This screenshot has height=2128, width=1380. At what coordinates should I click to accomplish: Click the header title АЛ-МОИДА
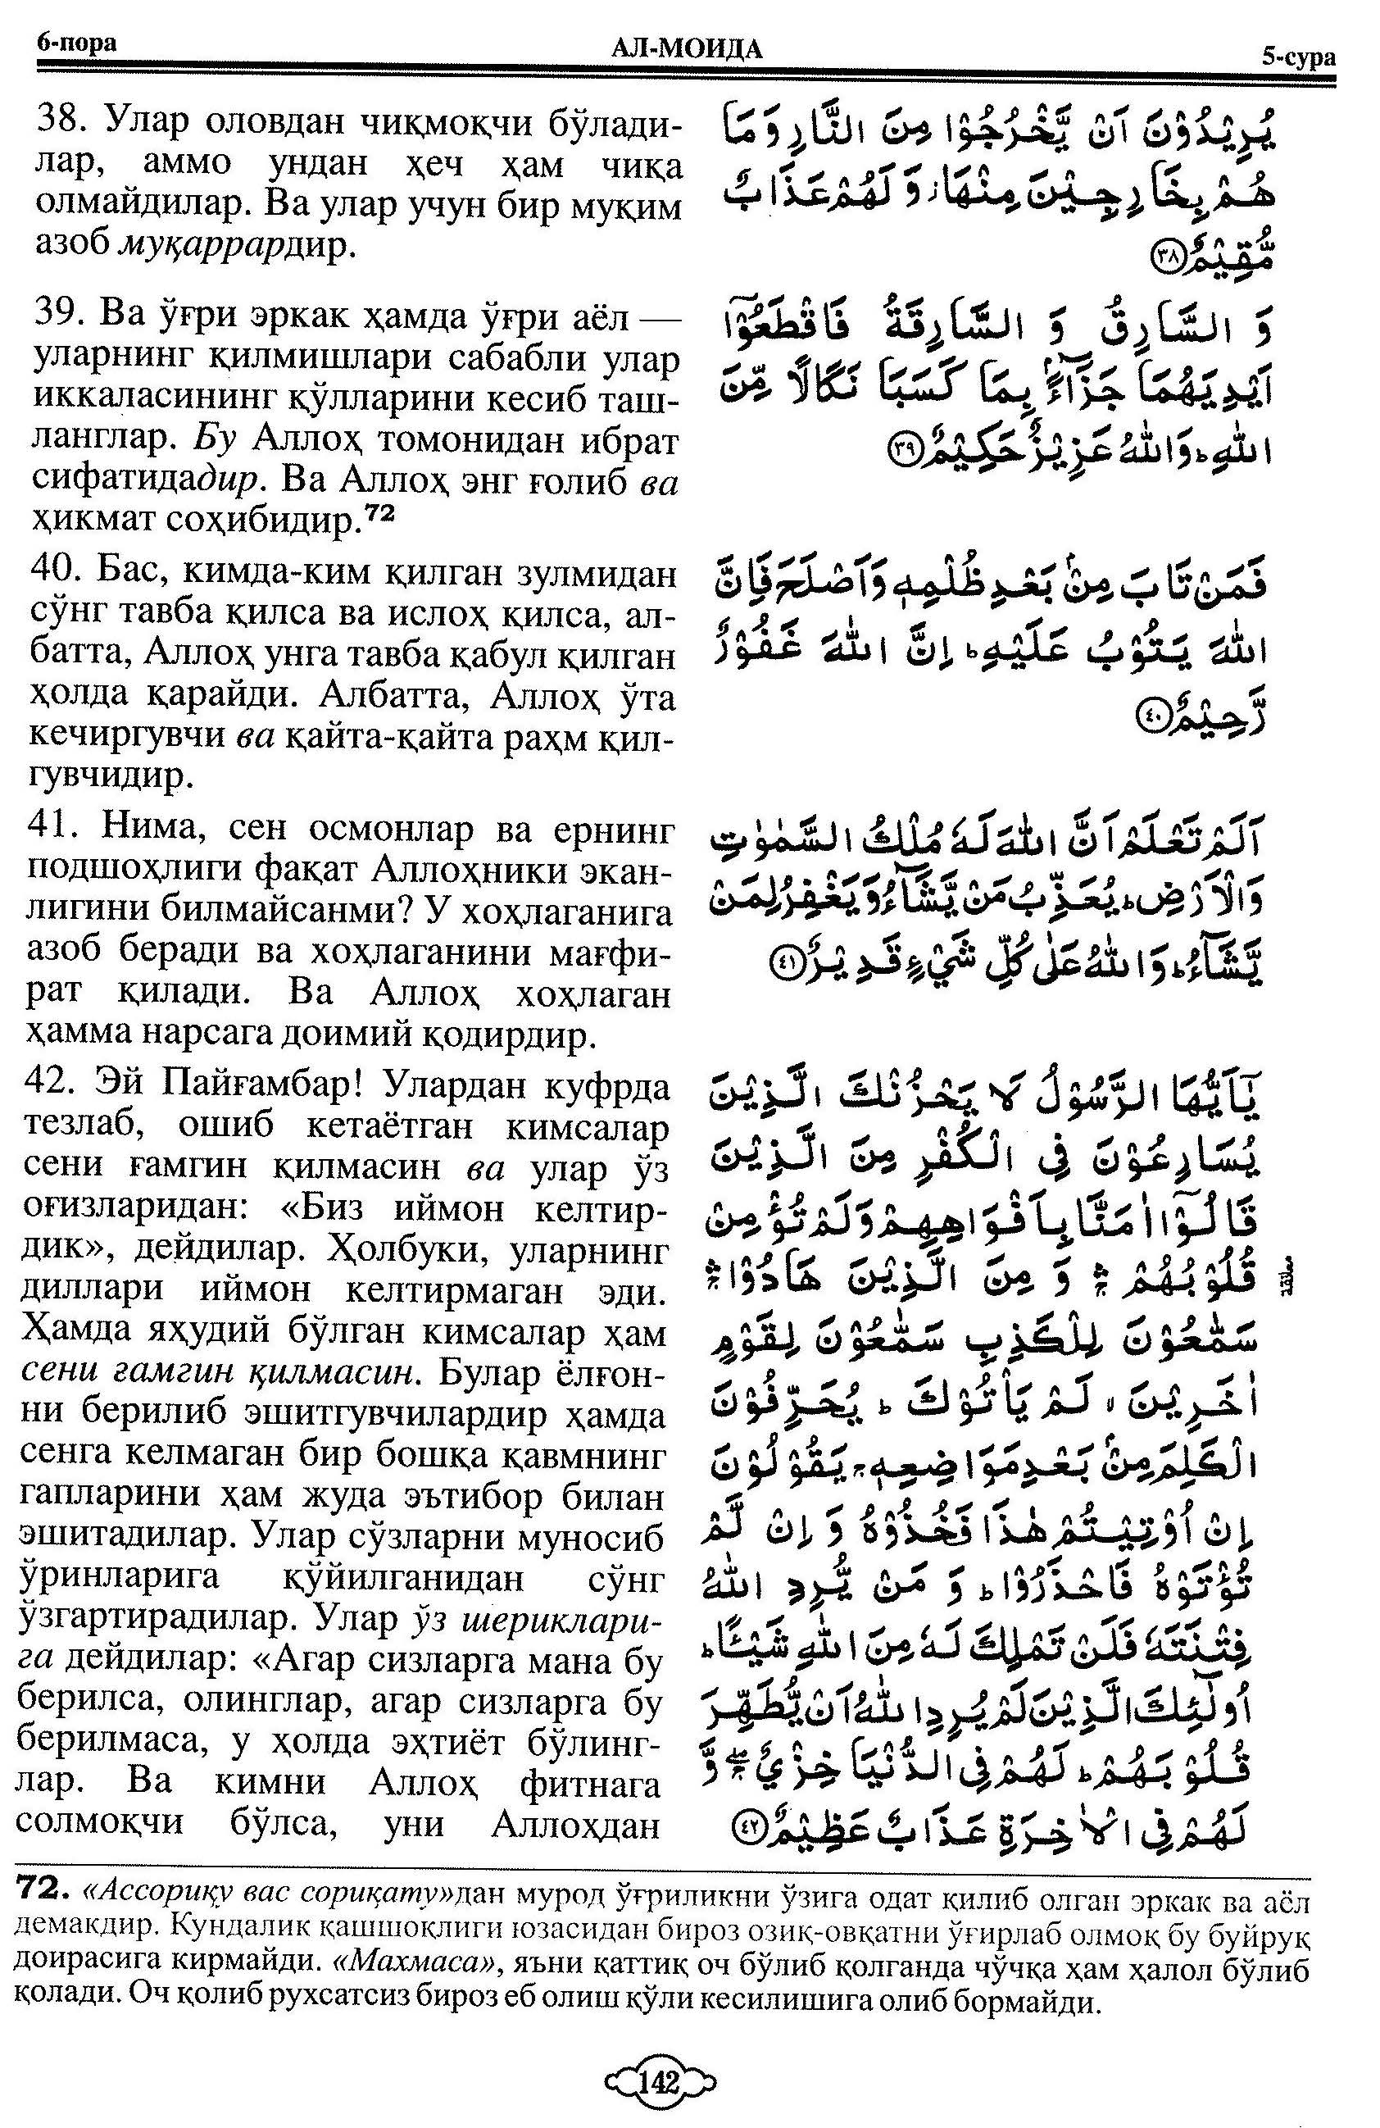click(x=687, y=50)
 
